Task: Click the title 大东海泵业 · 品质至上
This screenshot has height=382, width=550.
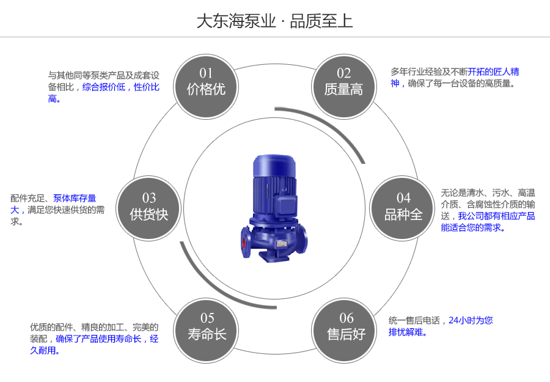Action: click(x=274, y=21)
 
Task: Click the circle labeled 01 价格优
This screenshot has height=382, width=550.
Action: click(x=206, y=83)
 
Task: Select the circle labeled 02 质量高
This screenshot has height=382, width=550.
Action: click(x=343, y=83)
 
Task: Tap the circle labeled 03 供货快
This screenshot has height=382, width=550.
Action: click(x=148, y=207)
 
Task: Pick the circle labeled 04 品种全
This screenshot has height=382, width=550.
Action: click(x=403, y=207)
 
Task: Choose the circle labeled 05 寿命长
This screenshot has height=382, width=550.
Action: click(x=207, y=327)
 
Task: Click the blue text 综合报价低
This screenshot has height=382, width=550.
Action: click(x=104, y=87)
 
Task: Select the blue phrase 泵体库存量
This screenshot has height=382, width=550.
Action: click(x=75, y=198)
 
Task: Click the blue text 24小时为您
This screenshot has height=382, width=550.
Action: click(x=471, y=320)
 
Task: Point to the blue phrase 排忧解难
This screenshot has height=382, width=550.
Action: click(x=408, y=332)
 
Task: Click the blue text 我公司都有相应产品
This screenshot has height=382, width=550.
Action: click(x=496, y=216)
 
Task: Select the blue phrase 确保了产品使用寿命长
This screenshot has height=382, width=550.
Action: click(x=98, y=339)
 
